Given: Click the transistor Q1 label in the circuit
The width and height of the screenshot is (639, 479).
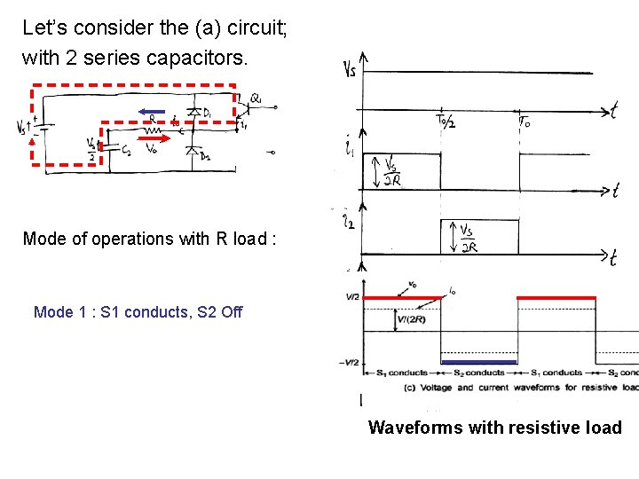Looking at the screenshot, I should (256, 98).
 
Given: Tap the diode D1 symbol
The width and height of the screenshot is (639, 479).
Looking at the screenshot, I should (193, 113).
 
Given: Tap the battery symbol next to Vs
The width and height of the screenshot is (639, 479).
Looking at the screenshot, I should (42, 127).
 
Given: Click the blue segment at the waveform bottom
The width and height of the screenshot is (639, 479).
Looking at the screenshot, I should (479, 362).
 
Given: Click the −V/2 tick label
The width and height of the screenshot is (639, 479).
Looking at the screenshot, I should (349, 362).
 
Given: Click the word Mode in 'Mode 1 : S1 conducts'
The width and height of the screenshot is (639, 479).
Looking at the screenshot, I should (52, 312).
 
